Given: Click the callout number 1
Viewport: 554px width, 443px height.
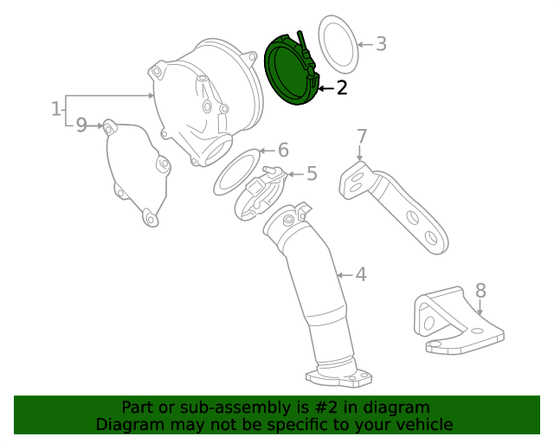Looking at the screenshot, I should click(x=55, y=110).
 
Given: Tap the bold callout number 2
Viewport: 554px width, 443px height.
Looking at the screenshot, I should click(x=342, y=87).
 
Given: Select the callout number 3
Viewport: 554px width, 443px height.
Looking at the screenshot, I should click(x=381, y=43).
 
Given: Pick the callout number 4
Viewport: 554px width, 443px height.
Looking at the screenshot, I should click(x=360, y=275).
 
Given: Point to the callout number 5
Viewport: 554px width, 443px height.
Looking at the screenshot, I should click(x=312, y=174).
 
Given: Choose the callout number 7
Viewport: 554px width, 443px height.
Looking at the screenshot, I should click(x=362, y=136).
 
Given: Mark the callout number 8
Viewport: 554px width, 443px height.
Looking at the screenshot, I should click(x=480, y=290).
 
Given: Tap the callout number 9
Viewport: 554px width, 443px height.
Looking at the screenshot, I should click(x=81, y=125).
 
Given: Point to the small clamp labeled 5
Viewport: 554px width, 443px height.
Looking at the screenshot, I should click(x=260, y=190).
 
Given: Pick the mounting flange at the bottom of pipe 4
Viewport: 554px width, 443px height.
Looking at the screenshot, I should click(x=339, y=377).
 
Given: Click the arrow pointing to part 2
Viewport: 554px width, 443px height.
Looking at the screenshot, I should click(x=325, y=87).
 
